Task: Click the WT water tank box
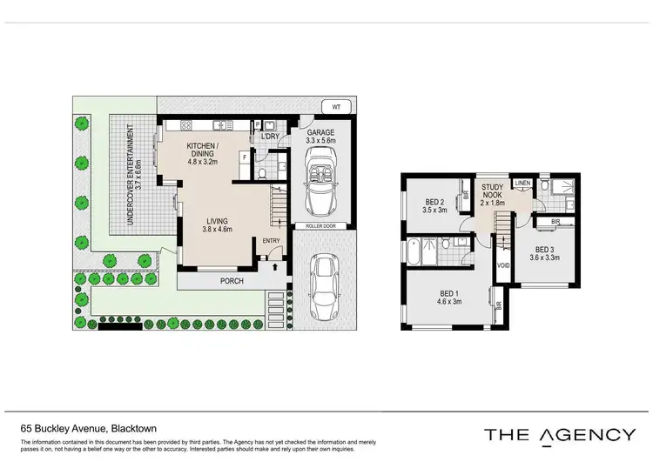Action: click(336, 107)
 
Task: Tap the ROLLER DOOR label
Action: click(319, 225)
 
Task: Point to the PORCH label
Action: click(232, 281)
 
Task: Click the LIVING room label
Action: click(218, 220)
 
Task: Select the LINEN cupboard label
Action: click(522, 183)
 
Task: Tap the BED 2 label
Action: click(434, 200)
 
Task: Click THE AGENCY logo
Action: click(560, 434)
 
